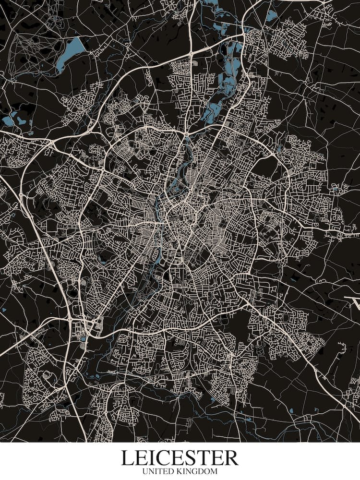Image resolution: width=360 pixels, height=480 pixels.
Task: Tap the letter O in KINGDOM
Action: tap(207, 472)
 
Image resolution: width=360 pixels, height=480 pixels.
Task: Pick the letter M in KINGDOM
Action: tap(214, 472)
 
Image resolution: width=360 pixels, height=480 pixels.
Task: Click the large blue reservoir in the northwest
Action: tap(71, 52)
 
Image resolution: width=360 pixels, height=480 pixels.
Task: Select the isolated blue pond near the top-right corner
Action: tap(272, 16)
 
